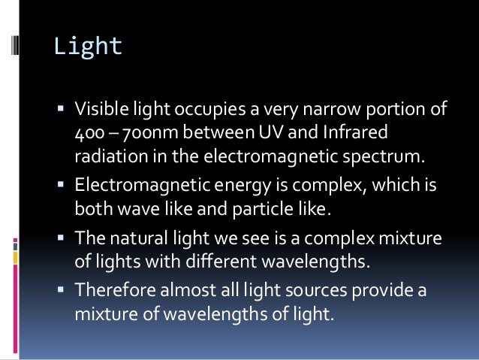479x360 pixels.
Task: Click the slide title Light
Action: click(87, 47)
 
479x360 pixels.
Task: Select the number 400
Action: click(87, 136)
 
